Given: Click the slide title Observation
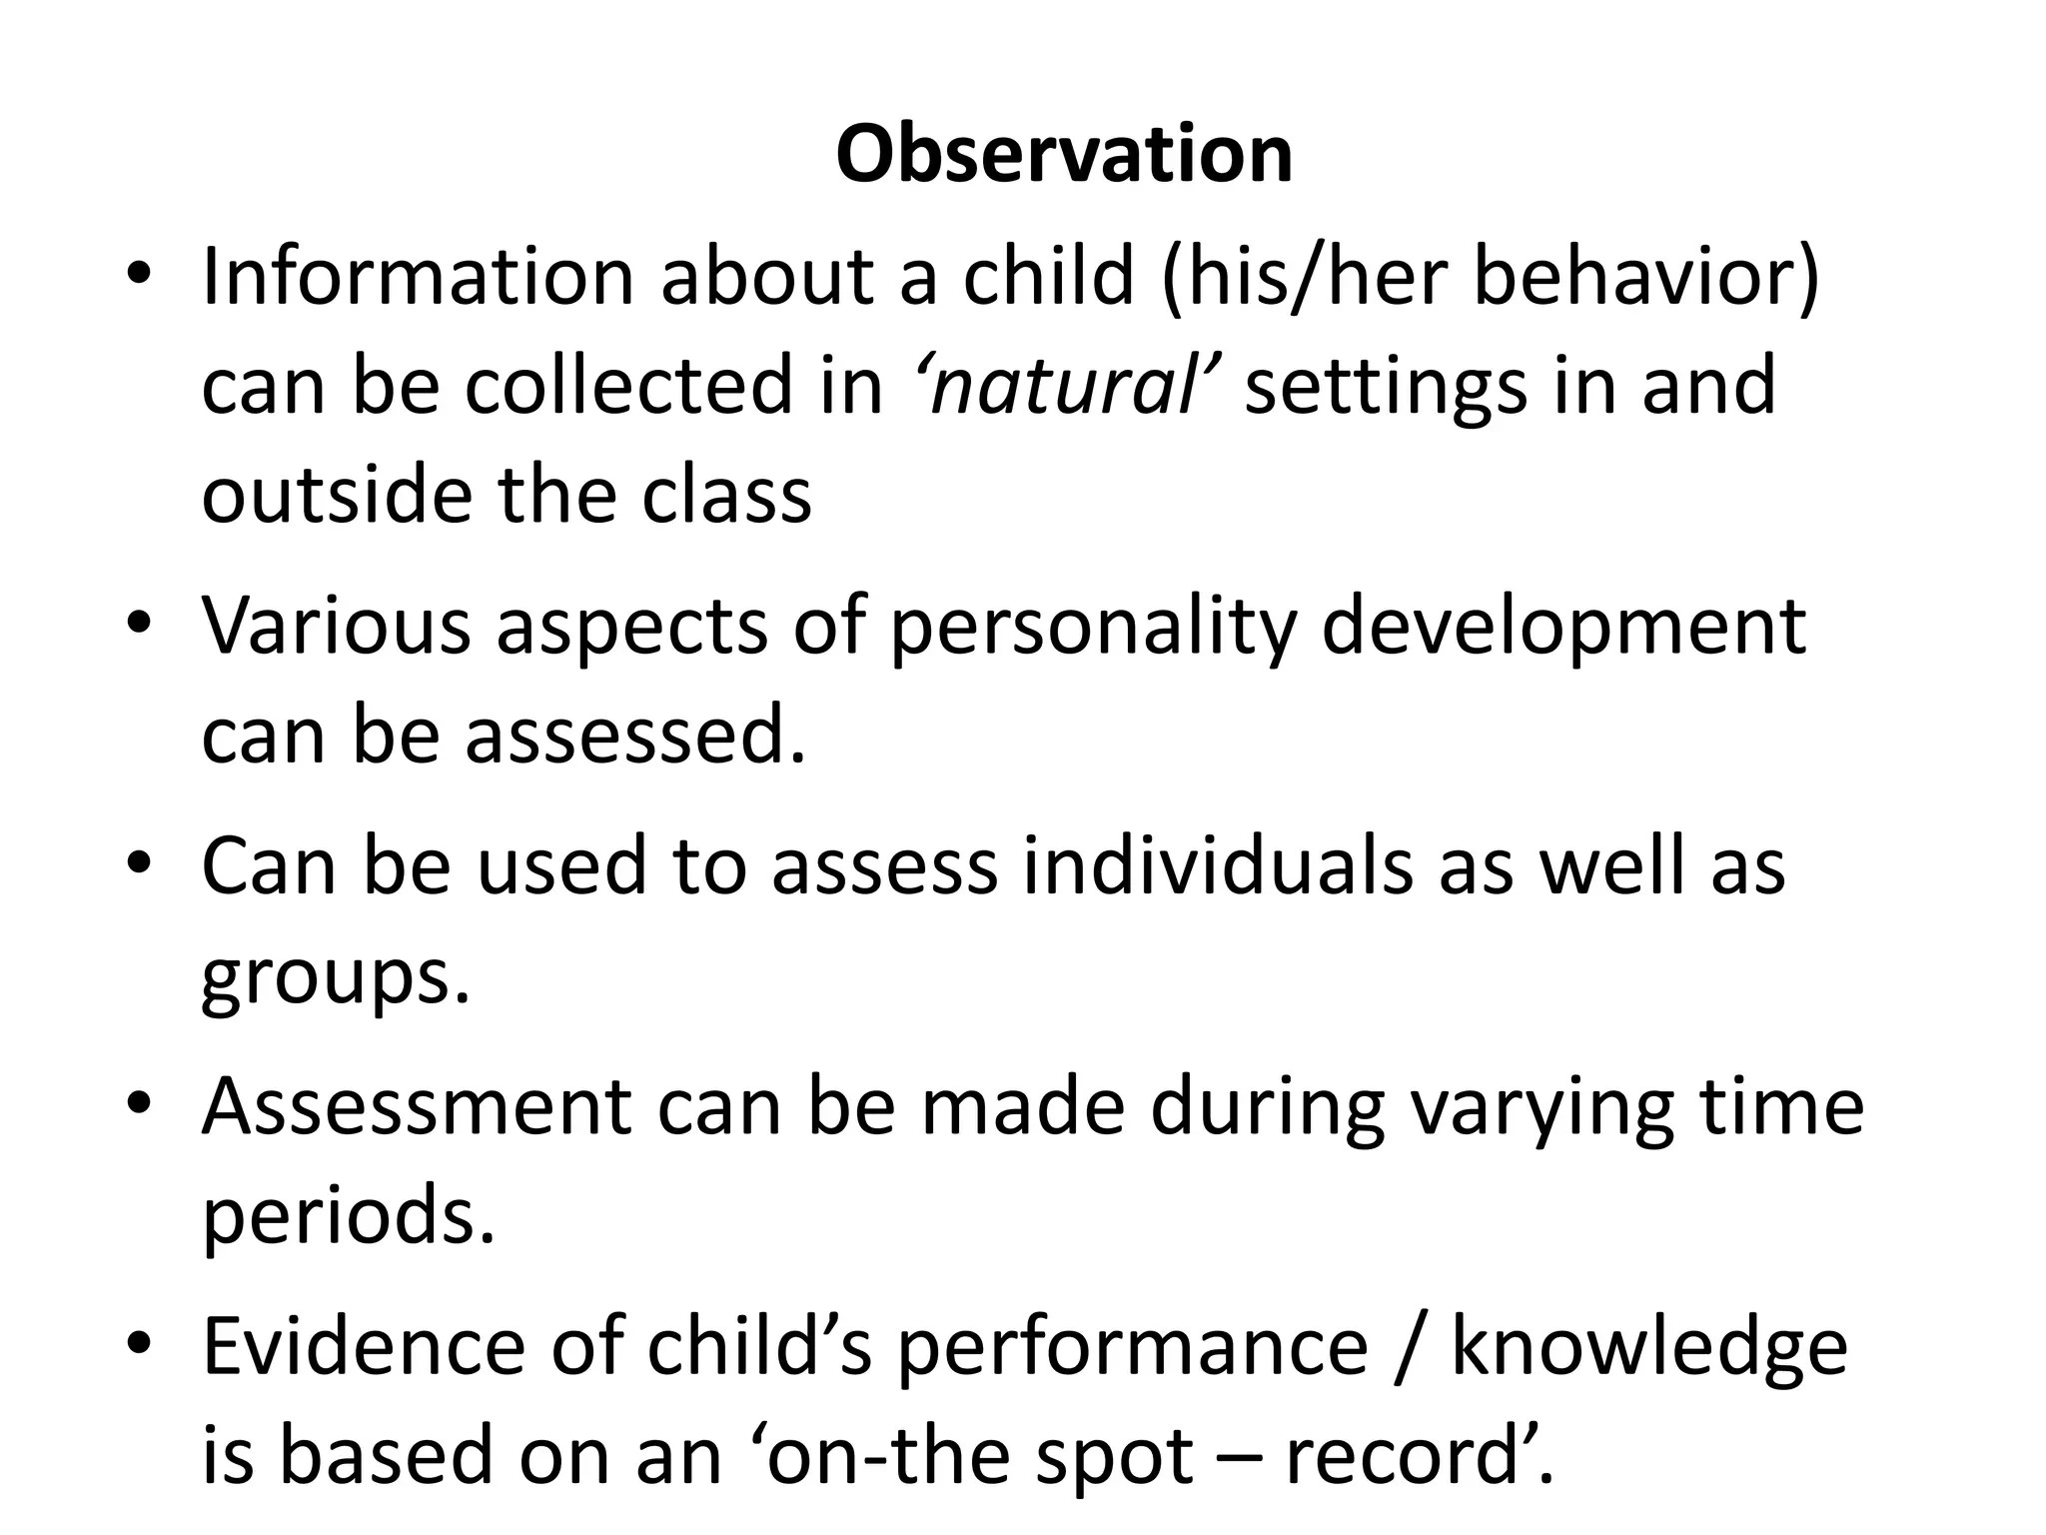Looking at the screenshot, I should pyautogui.click(x=1064, y=155).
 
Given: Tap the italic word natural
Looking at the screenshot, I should pyautogui.click(x=1064, y=386).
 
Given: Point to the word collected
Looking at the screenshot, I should pyautogui.click(x=674, y=386).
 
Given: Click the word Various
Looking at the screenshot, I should pyautogui.click(x=336, y=626).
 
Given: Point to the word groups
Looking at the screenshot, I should pyautogui.click(x=335, y=979).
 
